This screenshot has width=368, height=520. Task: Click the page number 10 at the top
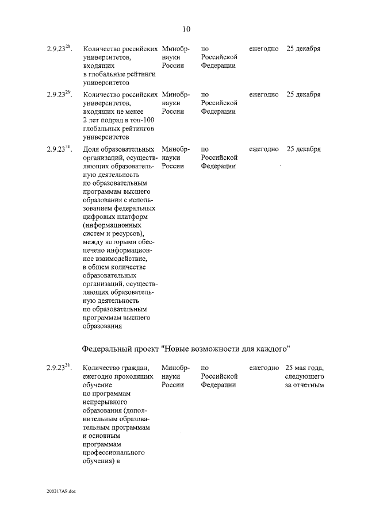[x=186, y=29]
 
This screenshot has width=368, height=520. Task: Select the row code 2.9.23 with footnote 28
[x=59, y=48]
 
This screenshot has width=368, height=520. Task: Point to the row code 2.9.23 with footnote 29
[x=59, y=94]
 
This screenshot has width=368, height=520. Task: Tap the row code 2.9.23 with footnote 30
[x=59, y=149]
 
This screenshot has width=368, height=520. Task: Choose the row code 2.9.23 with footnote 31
[x=59, y=367]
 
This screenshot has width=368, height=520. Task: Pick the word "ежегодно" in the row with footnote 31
[x=264, y=367]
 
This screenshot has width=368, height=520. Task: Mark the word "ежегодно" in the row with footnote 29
[x=264, y=95]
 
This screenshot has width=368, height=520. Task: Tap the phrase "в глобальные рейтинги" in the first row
[x=120, y=75]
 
